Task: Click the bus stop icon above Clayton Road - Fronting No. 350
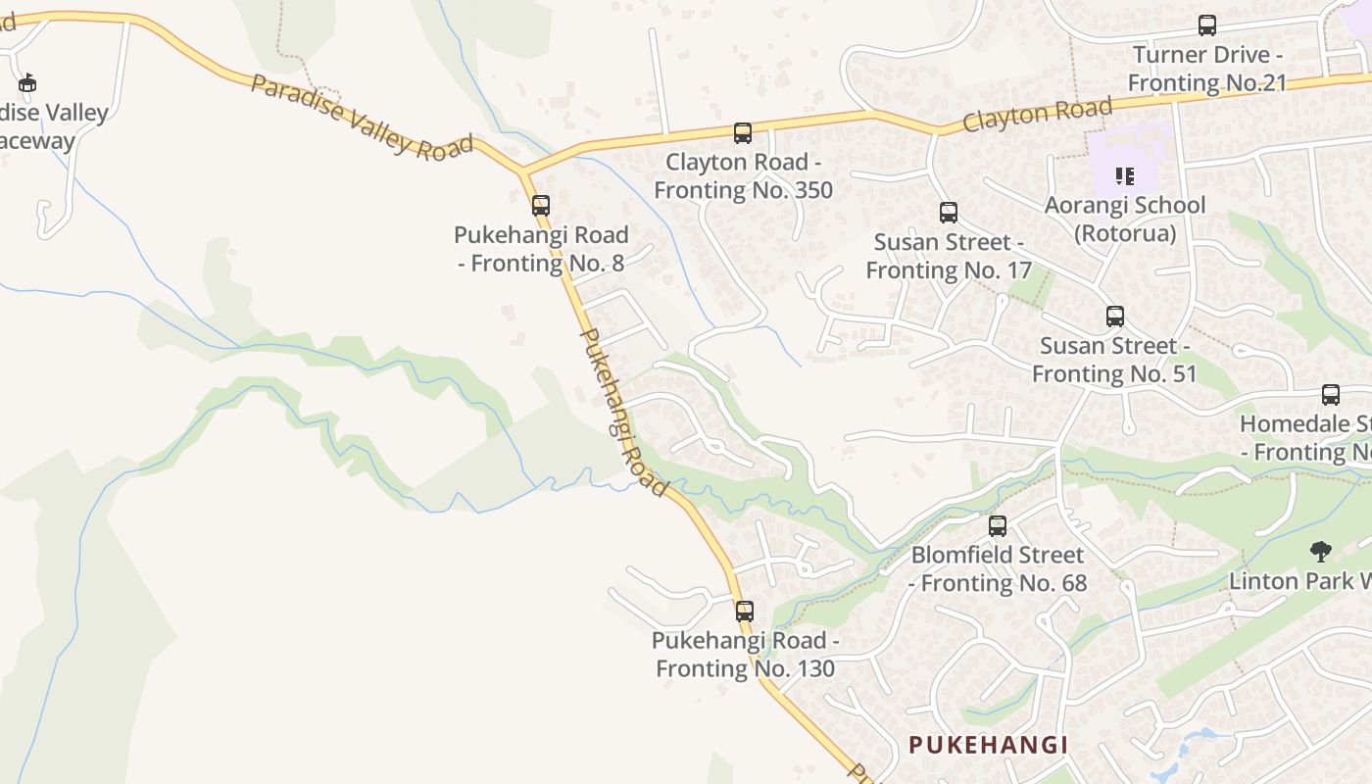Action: point(743,132)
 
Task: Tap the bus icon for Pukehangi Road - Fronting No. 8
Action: point(540,206)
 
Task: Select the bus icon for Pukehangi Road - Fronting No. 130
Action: point(745,612)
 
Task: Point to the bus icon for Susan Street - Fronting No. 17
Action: point(948,213)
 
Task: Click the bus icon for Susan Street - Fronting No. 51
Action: point(1114,317)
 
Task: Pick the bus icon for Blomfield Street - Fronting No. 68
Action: point(998,526)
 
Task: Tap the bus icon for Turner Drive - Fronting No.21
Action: point(1207,25)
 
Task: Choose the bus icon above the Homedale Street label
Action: point(1330,395)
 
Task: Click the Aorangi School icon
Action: point(1125,177)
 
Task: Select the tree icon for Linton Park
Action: point(1321,552)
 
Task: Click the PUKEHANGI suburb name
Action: point(988,745)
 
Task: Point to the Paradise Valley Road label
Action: point(362,117)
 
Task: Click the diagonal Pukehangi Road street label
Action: point(623,412)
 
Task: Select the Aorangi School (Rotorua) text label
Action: point(1125,220)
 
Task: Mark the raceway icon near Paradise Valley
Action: point(27,83)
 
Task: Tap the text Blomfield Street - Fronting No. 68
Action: point(999,569)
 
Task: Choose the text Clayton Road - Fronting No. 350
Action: point(743,175)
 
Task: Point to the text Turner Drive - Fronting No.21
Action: point(1206,69)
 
